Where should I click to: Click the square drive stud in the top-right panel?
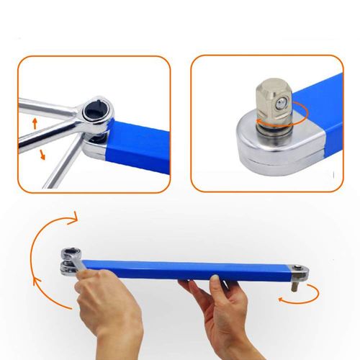click(272, 100)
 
